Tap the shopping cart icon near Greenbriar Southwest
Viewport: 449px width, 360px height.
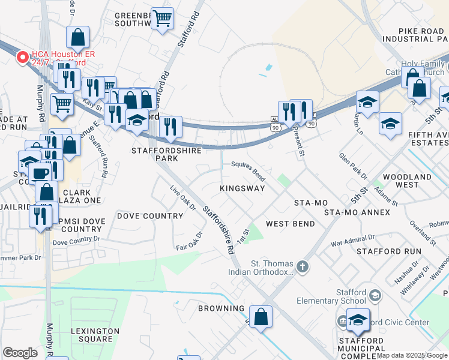point(161,19)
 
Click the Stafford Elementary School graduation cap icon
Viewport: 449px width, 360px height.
point(375,295)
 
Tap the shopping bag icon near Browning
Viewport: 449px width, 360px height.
point(261,317)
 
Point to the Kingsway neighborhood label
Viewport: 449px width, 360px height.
point(242,188)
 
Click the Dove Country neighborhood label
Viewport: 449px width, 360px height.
point(149,216)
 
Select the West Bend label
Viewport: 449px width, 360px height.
point(291,224)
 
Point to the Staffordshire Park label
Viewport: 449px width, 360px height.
point(156,155)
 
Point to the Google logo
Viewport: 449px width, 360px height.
point(20,353)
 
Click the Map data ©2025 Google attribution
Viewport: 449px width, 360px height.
point(411,355)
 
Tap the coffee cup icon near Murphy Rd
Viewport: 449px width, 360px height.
point(40,173)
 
